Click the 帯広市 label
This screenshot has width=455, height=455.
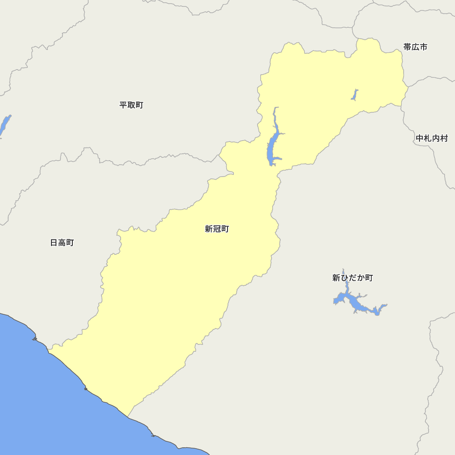point(415,47)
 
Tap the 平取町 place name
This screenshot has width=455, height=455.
point(131,105)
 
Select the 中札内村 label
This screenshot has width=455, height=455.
point(431,138)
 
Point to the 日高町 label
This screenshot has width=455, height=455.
point(62,243)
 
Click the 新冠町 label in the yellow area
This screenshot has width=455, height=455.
point(217,229)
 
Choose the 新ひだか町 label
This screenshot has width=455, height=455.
point(352,278)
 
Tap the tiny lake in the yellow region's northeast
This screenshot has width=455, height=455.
point(354,94)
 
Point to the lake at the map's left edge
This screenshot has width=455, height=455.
point(4,125)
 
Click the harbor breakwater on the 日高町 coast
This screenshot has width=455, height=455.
point(35,339)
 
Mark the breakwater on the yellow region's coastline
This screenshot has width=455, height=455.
point(85,389)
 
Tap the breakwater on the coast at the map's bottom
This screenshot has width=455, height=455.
point(153,435)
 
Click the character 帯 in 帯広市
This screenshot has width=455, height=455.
point(407,47)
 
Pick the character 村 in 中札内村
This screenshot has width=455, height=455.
point(444,138)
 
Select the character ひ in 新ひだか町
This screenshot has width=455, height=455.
point(344,278)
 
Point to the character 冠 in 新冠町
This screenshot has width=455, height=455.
point(217,229)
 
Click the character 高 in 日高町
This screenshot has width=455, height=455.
point(62,243)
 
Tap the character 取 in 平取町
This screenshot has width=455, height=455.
point(131,105)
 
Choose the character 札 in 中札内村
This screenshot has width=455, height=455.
point(427,138)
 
